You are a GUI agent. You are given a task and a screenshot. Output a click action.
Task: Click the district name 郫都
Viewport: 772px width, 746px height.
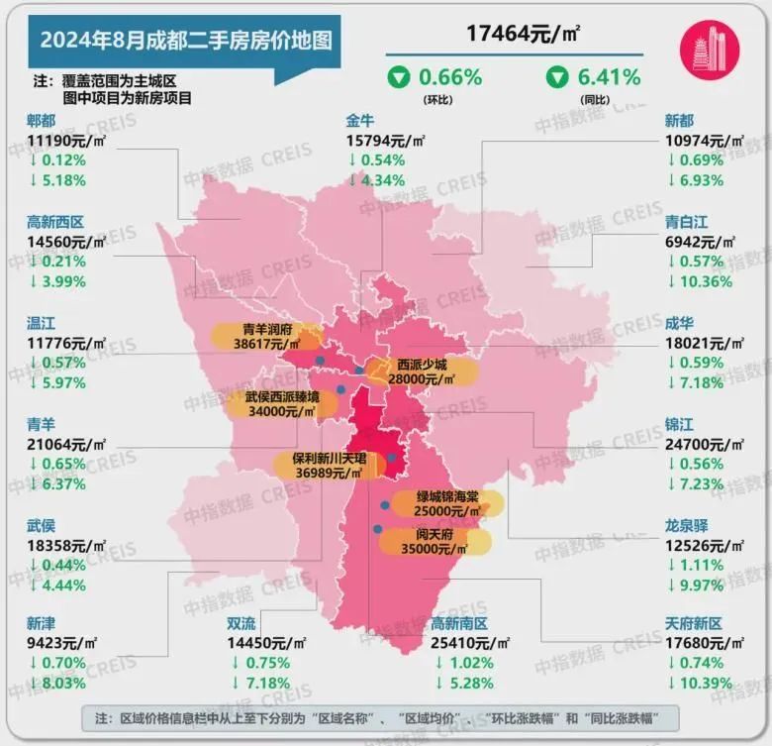[x=42, y=121]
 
